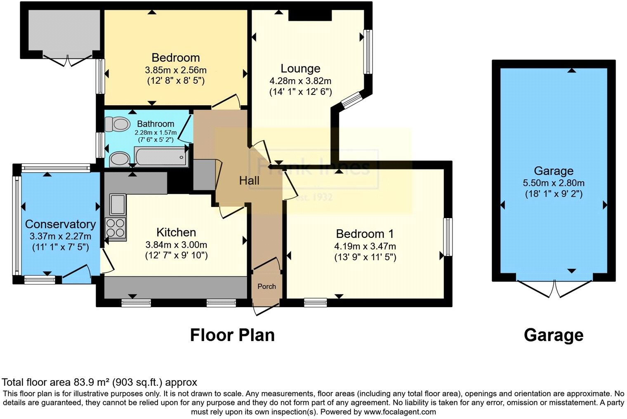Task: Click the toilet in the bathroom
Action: (x=116, y=124)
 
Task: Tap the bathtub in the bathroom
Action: (x=161, y=157)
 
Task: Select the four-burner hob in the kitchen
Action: (x=116, y=228)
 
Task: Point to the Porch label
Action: (x=266, y=286)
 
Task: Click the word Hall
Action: (x=249, y=181)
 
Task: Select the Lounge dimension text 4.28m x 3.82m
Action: (x=300, y=81)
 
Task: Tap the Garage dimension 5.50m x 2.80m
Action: (x=553, y=183)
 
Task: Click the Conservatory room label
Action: (x=60, y=224)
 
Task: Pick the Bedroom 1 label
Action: (x=365, y=234)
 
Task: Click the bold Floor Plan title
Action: (x=232, y=335)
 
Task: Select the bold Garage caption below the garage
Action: (x=553, y=335)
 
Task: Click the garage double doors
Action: (x=554, y=288)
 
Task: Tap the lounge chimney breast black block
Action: (x=310, y=15)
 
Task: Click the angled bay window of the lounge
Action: (x=351, y=100)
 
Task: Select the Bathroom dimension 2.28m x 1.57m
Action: (x=156, y=132)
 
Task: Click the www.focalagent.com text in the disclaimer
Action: (x=399, y=412)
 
